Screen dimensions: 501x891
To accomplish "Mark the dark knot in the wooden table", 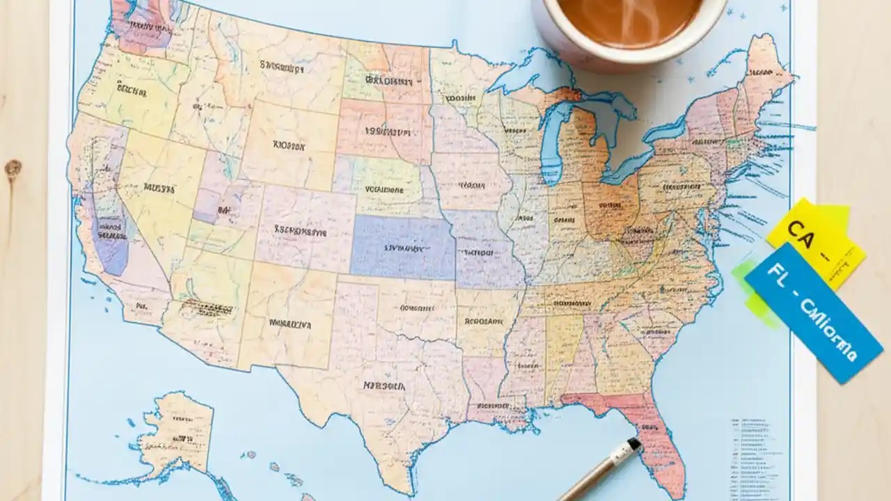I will [x=13, y=168].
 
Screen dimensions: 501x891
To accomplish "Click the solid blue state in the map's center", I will [x=402, y=247].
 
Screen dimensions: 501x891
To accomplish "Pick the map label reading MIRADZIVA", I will [x=290, y=324].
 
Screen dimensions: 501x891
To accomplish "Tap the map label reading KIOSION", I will [x=289, y=146].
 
